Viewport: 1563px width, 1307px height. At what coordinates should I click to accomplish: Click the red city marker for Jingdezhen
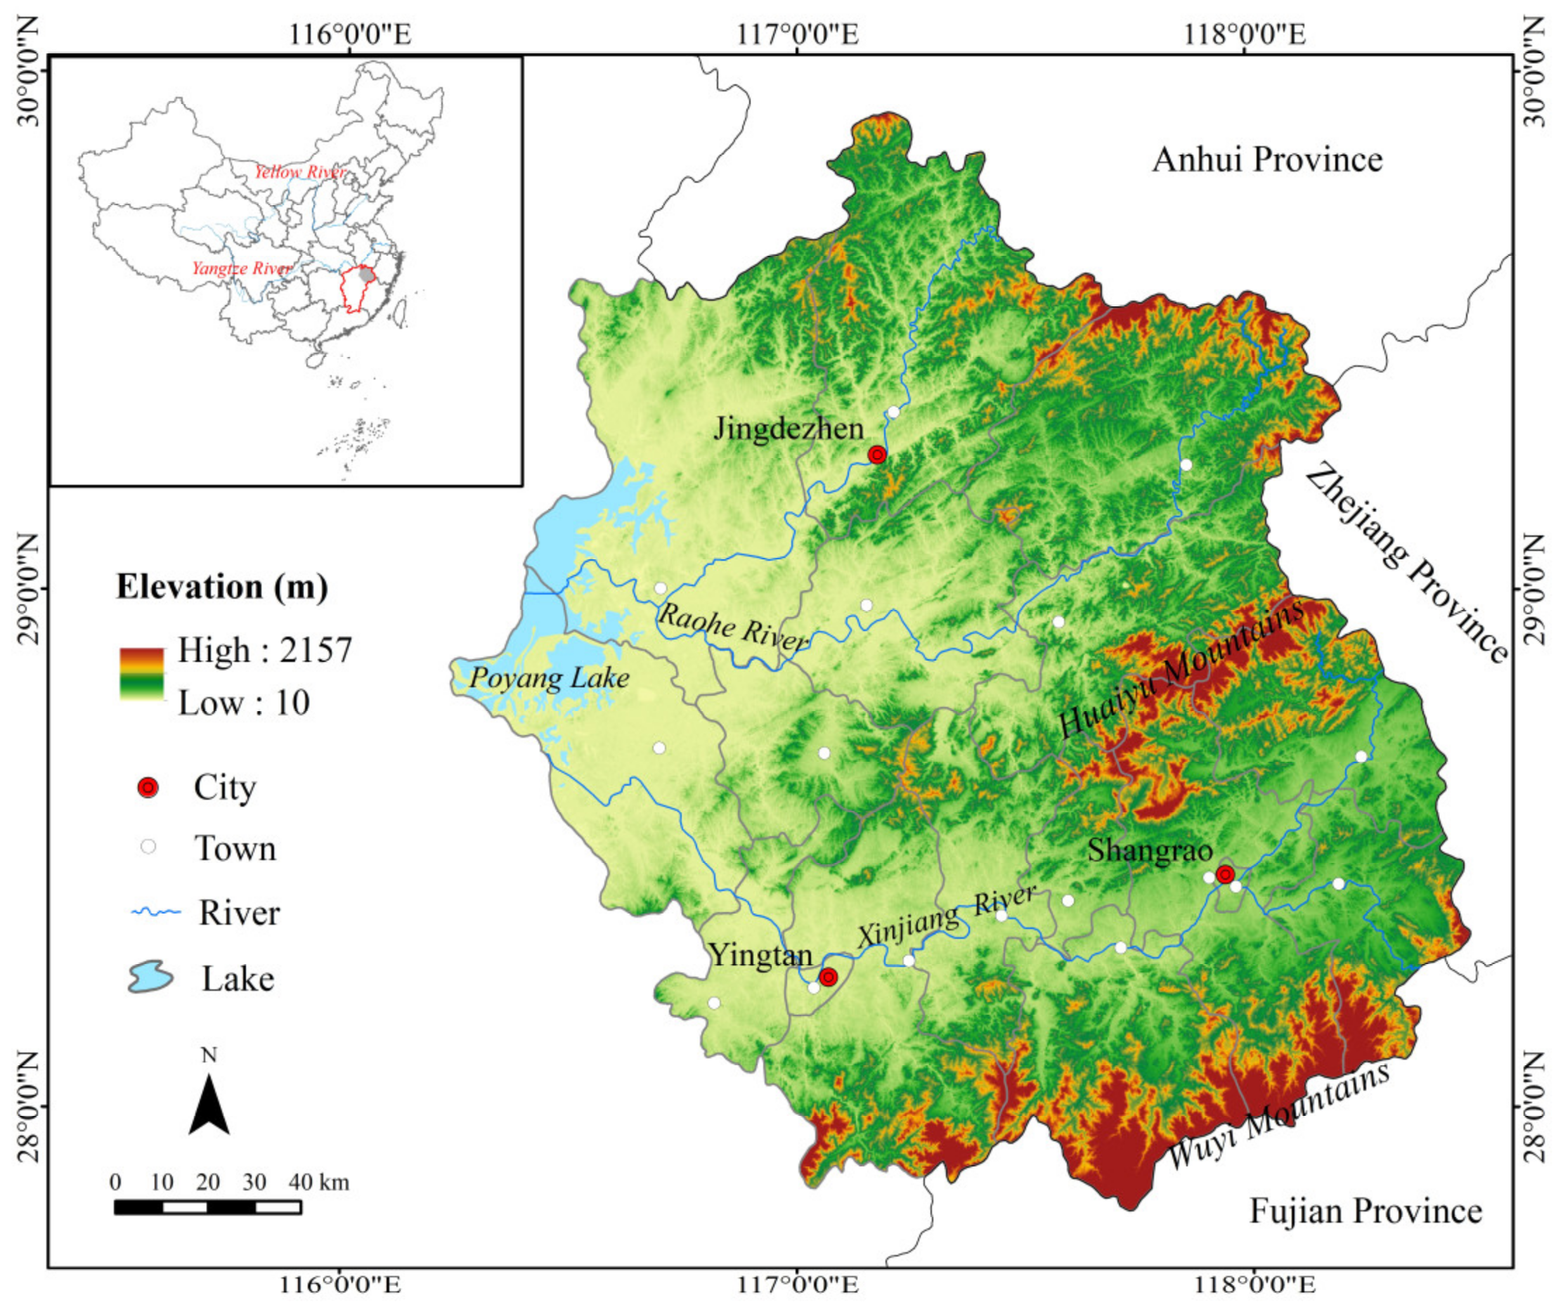878,455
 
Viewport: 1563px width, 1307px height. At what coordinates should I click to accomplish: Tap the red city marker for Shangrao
1225,875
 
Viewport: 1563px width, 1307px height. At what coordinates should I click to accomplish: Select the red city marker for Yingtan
828,977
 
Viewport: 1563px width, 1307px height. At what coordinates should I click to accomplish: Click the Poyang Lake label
550,678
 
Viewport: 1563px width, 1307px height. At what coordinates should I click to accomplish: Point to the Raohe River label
732,627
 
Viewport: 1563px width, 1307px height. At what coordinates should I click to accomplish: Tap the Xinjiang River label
946,917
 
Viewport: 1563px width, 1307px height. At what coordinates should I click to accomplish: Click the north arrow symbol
209,1105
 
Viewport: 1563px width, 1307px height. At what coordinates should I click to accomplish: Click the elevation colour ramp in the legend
141,674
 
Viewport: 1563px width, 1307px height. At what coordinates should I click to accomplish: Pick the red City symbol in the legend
148,788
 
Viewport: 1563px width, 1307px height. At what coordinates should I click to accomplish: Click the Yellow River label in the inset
299,173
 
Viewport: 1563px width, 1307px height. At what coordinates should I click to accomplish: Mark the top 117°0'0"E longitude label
798,34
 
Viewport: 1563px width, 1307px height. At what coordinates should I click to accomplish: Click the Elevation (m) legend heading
222,587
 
